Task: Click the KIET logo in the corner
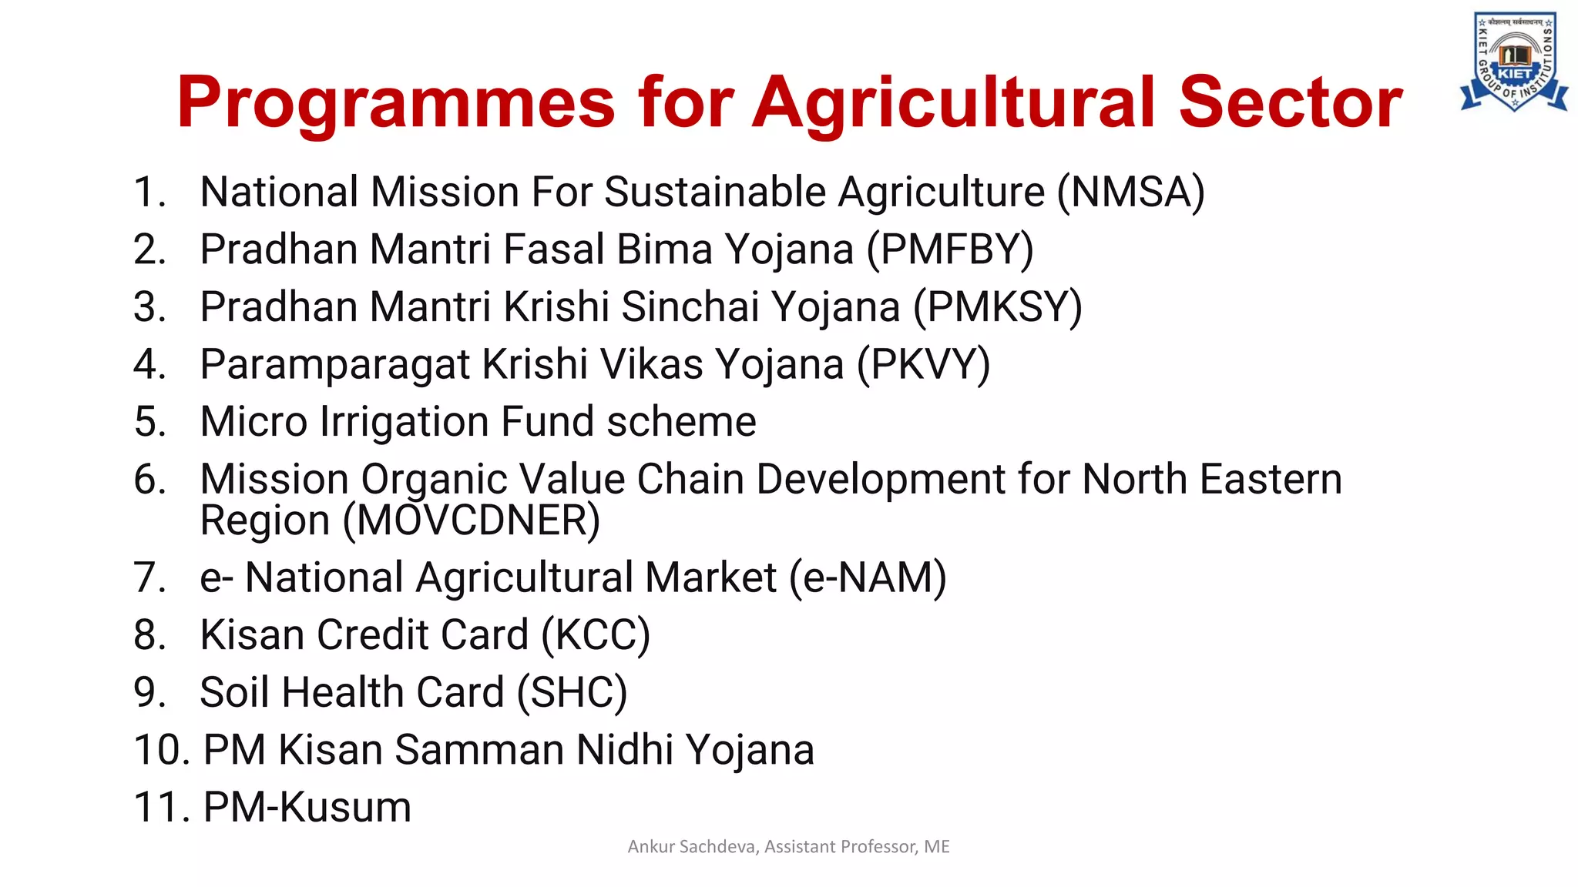1514,62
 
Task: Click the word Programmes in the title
396,102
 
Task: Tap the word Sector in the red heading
1291,102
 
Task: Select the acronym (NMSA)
1130,192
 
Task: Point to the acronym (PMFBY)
950,250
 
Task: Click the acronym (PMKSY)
998,307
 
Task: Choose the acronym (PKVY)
924,364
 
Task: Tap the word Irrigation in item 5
405,422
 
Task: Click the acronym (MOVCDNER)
472,520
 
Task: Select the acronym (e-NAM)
868,577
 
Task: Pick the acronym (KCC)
596,635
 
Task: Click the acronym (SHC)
572,692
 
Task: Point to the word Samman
479,750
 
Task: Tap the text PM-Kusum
307,808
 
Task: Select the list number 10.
162,750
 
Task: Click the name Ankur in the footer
652,847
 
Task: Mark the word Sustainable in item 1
715,192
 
